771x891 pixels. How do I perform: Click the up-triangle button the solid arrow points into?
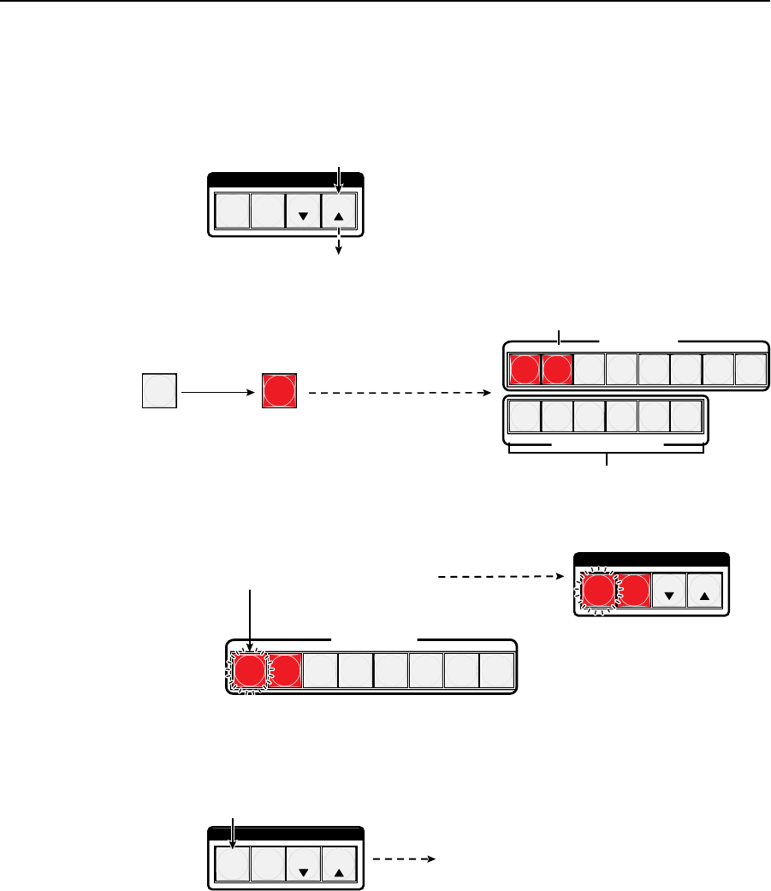coord(338,211)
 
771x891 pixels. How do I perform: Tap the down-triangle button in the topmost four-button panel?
coord(303,211)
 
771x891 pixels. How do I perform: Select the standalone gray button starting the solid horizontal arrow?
coord(159,390)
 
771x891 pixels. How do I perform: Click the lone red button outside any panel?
coord(279,390)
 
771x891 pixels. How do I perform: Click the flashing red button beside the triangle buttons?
coord(598,591)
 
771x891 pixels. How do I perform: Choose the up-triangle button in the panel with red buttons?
coord(704,591)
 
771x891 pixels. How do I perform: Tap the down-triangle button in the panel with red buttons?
coord(669,591)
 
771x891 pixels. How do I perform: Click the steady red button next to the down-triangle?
coord(634,591)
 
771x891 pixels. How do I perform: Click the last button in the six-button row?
coord(687,417)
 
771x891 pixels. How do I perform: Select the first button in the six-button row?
coord(525,417)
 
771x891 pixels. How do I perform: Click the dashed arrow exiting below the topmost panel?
coord(340,247)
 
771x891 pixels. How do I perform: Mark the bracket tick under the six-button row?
coord(608,460)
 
